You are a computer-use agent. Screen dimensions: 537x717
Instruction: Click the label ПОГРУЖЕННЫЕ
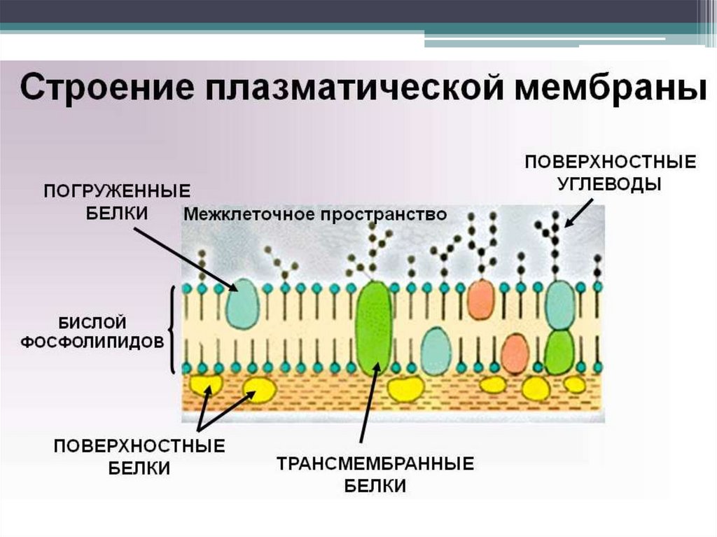click(117, 191)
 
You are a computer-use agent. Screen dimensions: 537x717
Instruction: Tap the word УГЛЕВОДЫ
click(609, 183)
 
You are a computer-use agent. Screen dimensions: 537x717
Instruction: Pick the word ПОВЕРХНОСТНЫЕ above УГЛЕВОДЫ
click(610, 162)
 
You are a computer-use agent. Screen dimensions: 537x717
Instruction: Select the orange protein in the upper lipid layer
click(480, 299)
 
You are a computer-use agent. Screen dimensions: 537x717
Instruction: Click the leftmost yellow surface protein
click(207, 384)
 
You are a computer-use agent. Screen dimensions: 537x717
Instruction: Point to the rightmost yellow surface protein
click(575, 384)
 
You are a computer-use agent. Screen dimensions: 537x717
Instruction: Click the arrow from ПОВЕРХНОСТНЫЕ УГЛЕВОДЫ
click(578, 211)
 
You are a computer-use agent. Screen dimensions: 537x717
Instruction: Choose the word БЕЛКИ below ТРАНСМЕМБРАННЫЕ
click(375, 485)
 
